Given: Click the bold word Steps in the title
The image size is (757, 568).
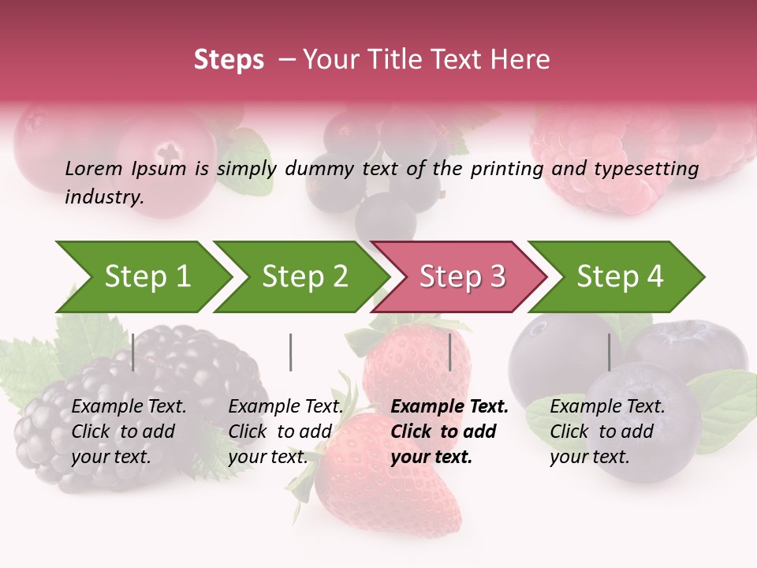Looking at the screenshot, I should (x=229, y=60).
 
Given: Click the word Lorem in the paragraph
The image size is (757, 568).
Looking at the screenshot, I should (x=94, y=168).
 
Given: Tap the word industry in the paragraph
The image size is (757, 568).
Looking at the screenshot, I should (x=103, y=196).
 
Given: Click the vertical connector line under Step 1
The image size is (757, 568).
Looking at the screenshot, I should (x=133, y=352).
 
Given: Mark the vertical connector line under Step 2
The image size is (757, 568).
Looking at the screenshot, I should (x=291, y=352).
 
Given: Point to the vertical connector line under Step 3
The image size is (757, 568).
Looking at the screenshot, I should (x=450, y=352).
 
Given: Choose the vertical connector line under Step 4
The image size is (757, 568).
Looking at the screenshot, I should (x=609, y=352).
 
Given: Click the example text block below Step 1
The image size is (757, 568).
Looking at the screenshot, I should (x=129, y=432).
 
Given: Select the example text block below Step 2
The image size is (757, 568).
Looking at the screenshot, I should (x=285, y=432).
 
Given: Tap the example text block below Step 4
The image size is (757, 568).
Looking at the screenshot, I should (x=607, y=432).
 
